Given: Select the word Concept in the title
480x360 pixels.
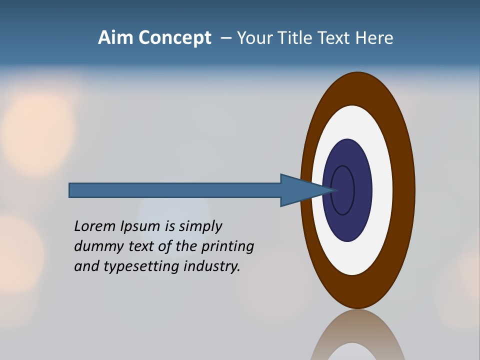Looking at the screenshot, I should point(175,38).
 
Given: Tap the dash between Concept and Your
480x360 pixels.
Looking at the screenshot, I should point(226,38).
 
